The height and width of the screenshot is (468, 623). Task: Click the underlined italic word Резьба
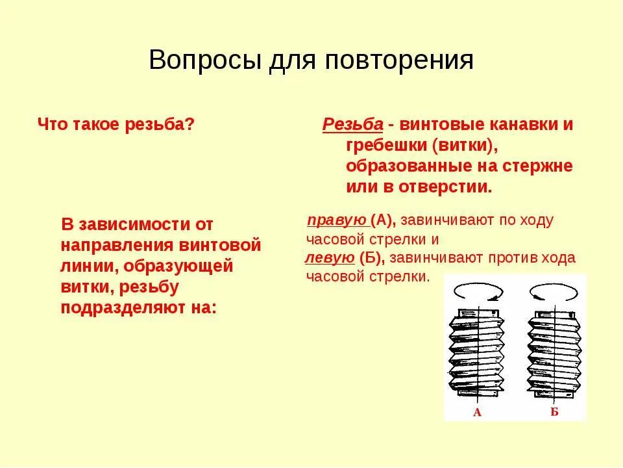[353, 125]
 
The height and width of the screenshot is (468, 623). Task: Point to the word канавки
[520, 125]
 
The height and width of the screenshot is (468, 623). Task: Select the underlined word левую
[330, 257]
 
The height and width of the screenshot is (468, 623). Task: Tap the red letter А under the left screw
[477, 412]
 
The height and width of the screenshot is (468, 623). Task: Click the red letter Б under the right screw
[554, 411]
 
